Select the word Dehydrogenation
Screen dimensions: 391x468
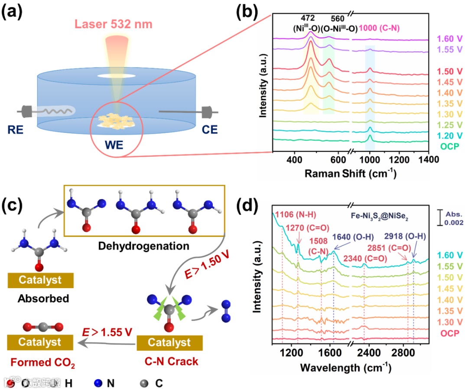coord(143,246)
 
